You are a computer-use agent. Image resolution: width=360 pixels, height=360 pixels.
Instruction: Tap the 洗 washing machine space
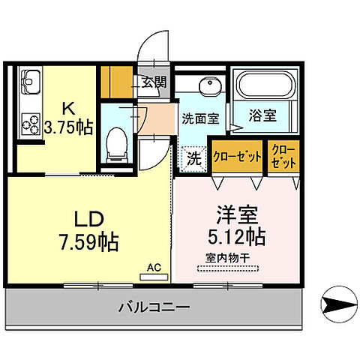coord(193,158)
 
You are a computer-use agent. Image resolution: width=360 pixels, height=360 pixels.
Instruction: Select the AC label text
coord(154,267)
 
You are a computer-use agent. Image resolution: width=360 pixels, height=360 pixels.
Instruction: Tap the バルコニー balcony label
coord(154,307)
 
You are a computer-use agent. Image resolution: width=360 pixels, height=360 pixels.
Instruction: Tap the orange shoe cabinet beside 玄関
coord(117,82)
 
